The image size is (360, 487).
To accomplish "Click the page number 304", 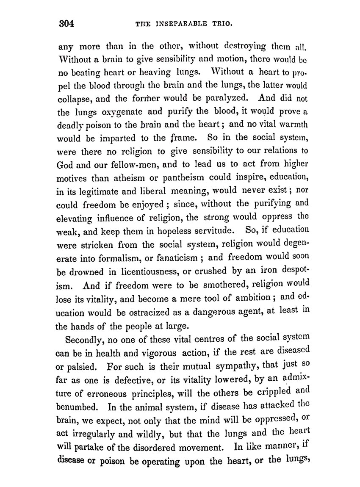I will [x=66, y=23].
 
